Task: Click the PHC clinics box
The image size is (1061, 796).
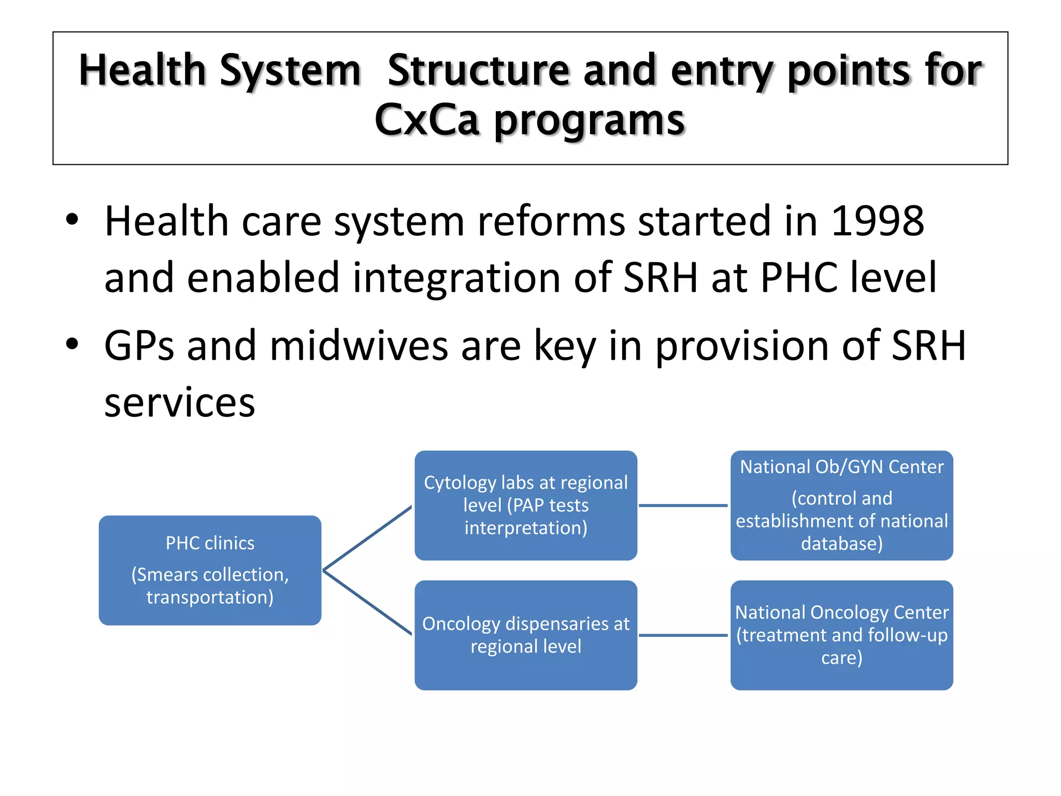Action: click(x=210, y=570)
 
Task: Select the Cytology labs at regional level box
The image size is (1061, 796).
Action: click(x=525, y=505)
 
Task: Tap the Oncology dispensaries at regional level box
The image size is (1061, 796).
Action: click(x=525, y=635)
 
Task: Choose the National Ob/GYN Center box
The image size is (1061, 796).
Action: click(x=841, y=505)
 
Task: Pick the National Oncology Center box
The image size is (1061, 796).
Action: click(x=841, y=635)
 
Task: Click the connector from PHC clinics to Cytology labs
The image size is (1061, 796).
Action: click(x=367, y=538)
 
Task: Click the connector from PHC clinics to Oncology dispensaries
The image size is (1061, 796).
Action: click(x=367, y=603)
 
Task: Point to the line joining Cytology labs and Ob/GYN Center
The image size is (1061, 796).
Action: click(x=683, y=505)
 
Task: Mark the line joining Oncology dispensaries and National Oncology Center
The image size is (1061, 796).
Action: click(x=683, y=635)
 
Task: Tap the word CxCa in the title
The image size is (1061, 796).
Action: click(x=427, y=120)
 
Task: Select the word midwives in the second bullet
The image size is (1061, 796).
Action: click(x=359, y=346)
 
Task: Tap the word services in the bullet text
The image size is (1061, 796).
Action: click(x=180, y=403)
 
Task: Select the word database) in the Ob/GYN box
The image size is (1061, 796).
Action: click(x=841, y=543)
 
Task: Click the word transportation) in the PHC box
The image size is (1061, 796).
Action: click(x=210, y=597)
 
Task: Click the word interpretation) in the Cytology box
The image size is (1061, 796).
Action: click(x=525, y=528)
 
